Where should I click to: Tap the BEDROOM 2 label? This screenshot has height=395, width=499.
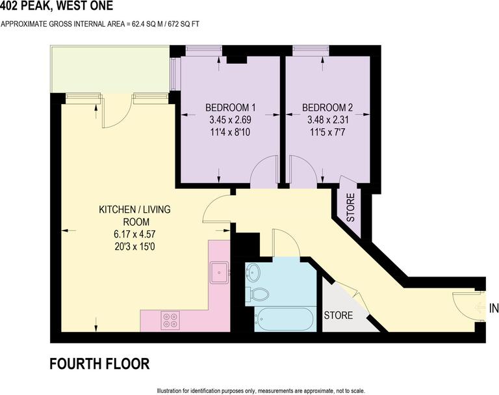pos(327,107)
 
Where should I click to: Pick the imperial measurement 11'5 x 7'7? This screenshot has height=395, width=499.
pos(327,133)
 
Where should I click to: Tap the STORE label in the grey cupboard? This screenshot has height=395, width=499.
pos(339,316)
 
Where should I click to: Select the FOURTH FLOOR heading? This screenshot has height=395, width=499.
pos(99,364)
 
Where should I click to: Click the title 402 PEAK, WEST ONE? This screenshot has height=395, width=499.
pos(57,7)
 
